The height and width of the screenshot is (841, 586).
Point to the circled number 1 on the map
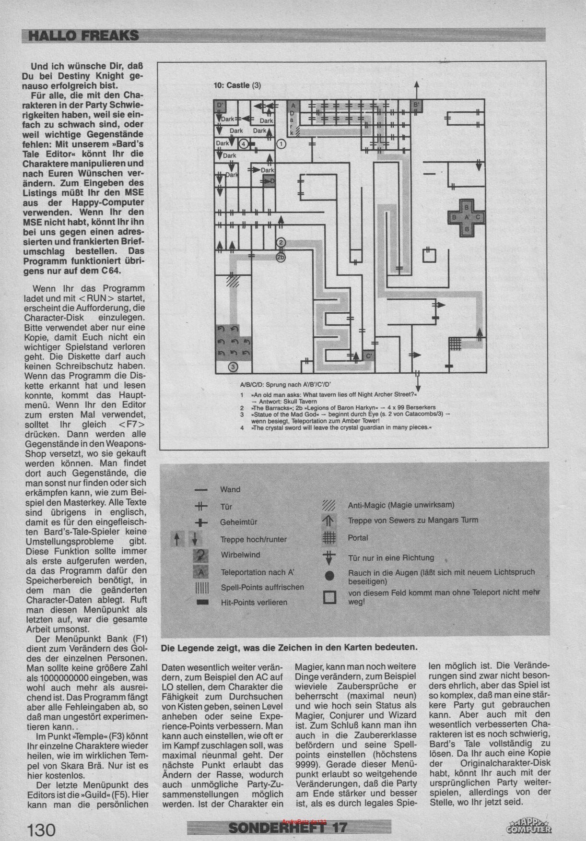click(x=281, y=143)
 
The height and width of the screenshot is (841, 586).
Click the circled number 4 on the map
click(x=243, y=143)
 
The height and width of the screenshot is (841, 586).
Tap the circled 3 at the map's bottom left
click(x=233, y=367)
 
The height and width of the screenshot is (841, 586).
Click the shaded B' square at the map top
click(x=416, y=106)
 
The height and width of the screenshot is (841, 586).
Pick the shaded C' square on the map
click(x=368, y=356)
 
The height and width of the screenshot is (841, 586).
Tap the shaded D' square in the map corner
click(x=220, y=105)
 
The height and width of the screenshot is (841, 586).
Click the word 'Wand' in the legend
click(x=230, y=489)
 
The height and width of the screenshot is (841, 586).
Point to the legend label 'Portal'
click(x=358, y=538)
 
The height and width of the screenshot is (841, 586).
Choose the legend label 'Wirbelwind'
click(x=240, y=555)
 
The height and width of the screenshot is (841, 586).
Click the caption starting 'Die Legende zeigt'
click(x=289, y=647)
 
